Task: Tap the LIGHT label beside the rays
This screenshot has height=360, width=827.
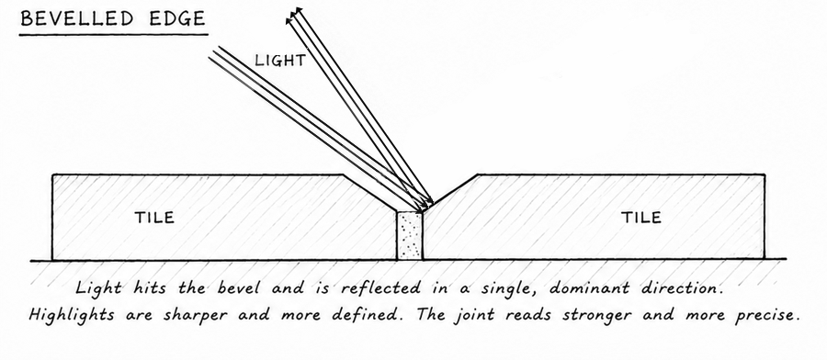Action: [280, 61]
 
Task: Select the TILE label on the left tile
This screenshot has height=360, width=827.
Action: [154, 217]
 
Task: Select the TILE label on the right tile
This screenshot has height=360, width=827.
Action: [640, 217]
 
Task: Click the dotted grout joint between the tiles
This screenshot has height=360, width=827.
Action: [410, 235]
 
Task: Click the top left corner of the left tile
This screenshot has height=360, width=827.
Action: [52, 175]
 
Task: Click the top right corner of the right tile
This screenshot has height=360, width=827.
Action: [765, 174]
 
